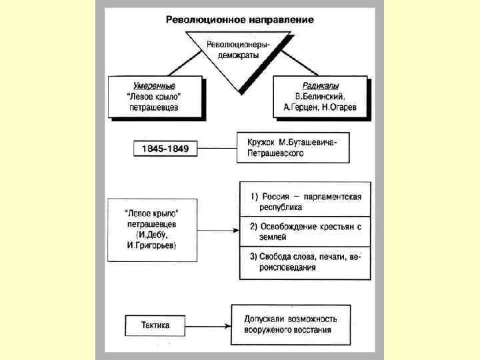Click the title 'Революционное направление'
point(239,19)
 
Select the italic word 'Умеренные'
point(153,85)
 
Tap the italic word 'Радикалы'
point(319,85)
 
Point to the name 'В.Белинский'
point(319,95)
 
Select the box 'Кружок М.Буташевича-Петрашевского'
point(291,147)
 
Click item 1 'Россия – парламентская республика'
point(305,201)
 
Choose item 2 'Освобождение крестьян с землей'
point(305,231)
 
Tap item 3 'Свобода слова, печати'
point(305,261)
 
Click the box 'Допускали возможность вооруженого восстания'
point(291,324)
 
